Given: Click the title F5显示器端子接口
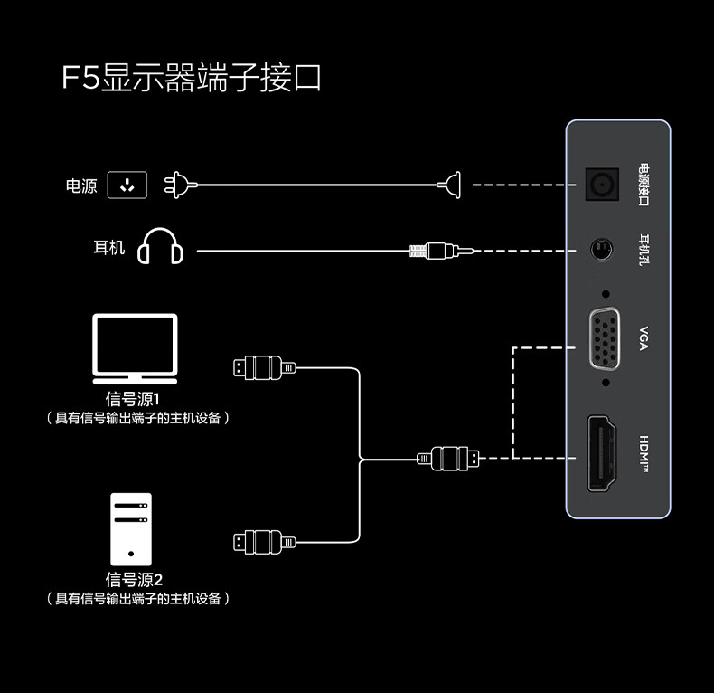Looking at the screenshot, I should [x=192, y=78].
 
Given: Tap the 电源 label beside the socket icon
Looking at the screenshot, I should [x=81, y=186].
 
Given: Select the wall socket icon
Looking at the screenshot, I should [x=127, y=185].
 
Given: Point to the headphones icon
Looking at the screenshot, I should [x=160, y=246].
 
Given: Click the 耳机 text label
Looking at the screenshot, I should [x=109, y=247].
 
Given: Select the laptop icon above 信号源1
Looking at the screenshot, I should [x=135, y=348].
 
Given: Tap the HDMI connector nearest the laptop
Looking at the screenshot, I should [x=263, y=367].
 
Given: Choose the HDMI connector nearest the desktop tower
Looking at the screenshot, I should [x=263, y=542].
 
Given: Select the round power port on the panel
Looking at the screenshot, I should [x=602, y=185].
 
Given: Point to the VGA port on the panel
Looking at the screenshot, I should [x=605, y=338].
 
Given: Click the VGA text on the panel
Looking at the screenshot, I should [x=644, y=337].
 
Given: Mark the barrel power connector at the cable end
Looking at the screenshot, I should [x=453, y=185].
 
